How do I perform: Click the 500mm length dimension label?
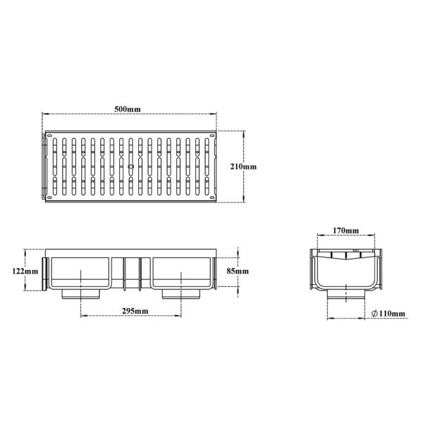128,109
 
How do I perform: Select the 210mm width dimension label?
243,166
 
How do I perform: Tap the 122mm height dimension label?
25,271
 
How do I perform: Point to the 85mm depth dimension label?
238,271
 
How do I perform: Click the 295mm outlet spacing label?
135,311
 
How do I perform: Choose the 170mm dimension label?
346,231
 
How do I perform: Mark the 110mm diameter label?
392,314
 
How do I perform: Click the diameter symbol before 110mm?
374,314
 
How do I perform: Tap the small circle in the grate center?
131,166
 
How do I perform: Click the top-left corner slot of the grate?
49,135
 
